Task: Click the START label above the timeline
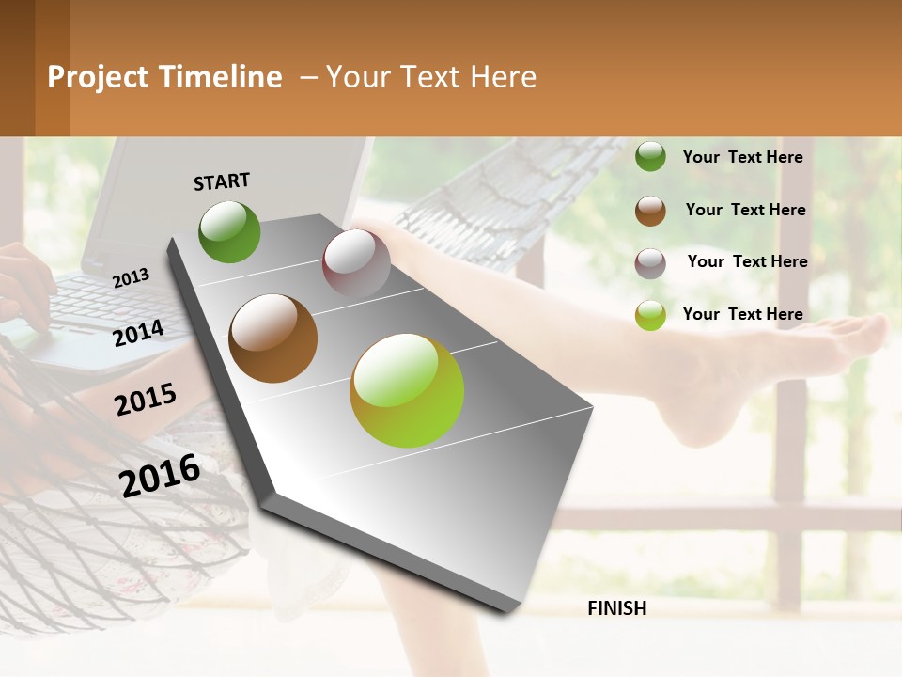[222, 181]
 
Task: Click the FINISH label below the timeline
[616, 608]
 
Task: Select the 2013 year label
[132, 277]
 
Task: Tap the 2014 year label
[139, 333]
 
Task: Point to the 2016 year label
[160, 475]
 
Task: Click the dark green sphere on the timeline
[229, 232]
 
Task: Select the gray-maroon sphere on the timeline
[356, 263]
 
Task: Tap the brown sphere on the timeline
[272, 338]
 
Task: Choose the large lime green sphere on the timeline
[407, 390]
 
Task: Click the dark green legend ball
[650, 157]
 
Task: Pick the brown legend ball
[650, 211]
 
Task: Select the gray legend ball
[650, 263]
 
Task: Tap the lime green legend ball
[650, 315]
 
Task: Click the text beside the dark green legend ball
[742, 157]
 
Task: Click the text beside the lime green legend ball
[742, 314]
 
